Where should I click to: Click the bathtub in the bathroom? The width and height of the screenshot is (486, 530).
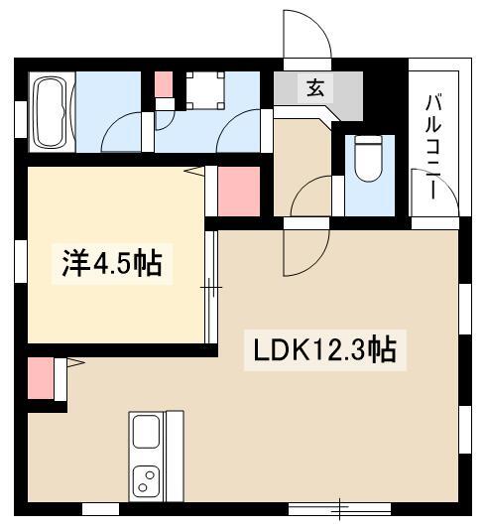[53, 112]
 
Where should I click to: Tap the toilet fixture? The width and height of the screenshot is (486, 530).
[369, 158]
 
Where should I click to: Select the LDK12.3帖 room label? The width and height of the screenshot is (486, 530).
[324, 349]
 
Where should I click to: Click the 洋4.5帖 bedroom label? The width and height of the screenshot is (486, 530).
[112, 263]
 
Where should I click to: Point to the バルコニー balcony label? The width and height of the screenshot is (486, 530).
[433, 147]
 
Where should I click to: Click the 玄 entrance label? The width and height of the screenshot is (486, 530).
[315, 88]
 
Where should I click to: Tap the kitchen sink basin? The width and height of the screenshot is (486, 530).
[146, 432]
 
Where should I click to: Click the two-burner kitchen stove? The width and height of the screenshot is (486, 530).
[146, 481]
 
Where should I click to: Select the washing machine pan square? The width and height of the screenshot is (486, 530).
[205, 90]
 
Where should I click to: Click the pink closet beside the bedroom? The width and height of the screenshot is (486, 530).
[239, 192]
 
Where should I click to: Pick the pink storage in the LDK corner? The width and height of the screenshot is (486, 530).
[41, 378]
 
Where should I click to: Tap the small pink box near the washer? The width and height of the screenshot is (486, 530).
[164, 84]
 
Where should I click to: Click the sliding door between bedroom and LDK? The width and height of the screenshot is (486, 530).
[211, 287]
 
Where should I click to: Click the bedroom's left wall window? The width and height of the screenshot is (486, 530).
[21, 261]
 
